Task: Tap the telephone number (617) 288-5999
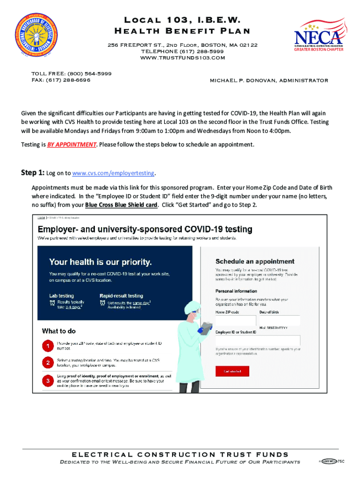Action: pos(199,51)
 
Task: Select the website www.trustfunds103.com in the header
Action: pos(182,58)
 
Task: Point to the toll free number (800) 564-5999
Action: pos(89,73)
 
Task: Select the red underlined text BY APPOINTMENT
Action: pos(72,145)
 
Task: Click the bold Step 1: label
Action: pos(32,173)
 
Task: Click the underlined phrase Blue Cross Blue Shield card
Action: pos(121,204)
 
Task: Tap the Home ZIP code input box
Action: pos(236,320)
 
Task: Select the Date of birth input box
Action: pos(279,320)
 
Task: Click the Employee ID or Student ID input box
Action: pos(257,340)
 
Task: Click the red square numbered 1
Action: pos(48,347)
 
